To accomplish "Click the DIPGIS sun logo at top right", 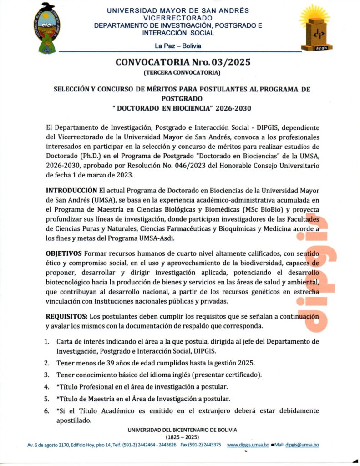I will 314,27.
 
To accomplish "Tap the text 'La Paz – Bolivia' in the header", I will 178,46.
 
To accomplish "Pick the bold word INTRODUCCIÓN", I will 71,189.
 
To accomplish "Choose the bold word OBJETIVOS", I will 64,253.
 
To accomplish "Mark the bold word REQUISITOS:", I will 66,316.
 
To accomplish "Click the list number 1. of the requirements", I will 47,341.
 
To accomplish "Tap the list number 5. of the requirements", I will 47,399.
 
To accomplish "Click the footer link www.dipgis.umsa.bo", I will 248,445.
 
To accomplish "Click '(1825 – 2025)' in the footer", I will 182,436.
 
